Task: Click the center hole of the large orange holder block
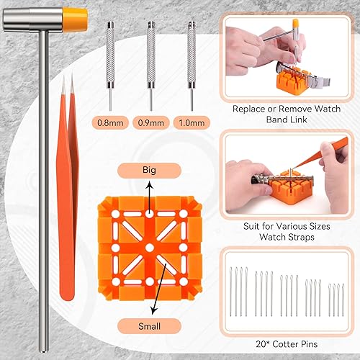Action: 149,247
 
